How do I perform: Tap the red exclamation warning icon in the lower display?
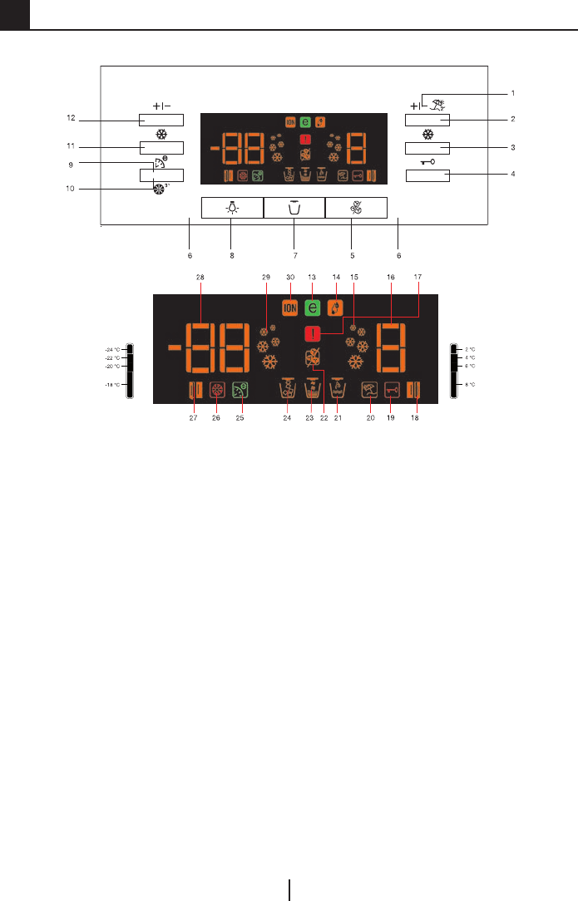pos(313,332)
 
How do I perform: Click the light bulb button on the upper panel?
pos(232,208)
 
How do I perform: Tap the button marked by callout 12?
pos(161,120)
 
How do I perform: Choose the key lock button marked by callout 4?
pos(427,175)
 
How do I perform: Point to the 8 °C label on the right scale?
pos(470,385)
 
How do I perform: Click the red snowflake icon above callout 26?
pos(218,389)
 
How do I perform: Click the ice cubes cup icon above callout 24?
pos(289,388)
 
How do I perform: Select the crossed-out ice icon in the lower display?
pos(313,358)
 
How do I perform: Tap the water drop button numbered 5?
pos(356,208)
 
